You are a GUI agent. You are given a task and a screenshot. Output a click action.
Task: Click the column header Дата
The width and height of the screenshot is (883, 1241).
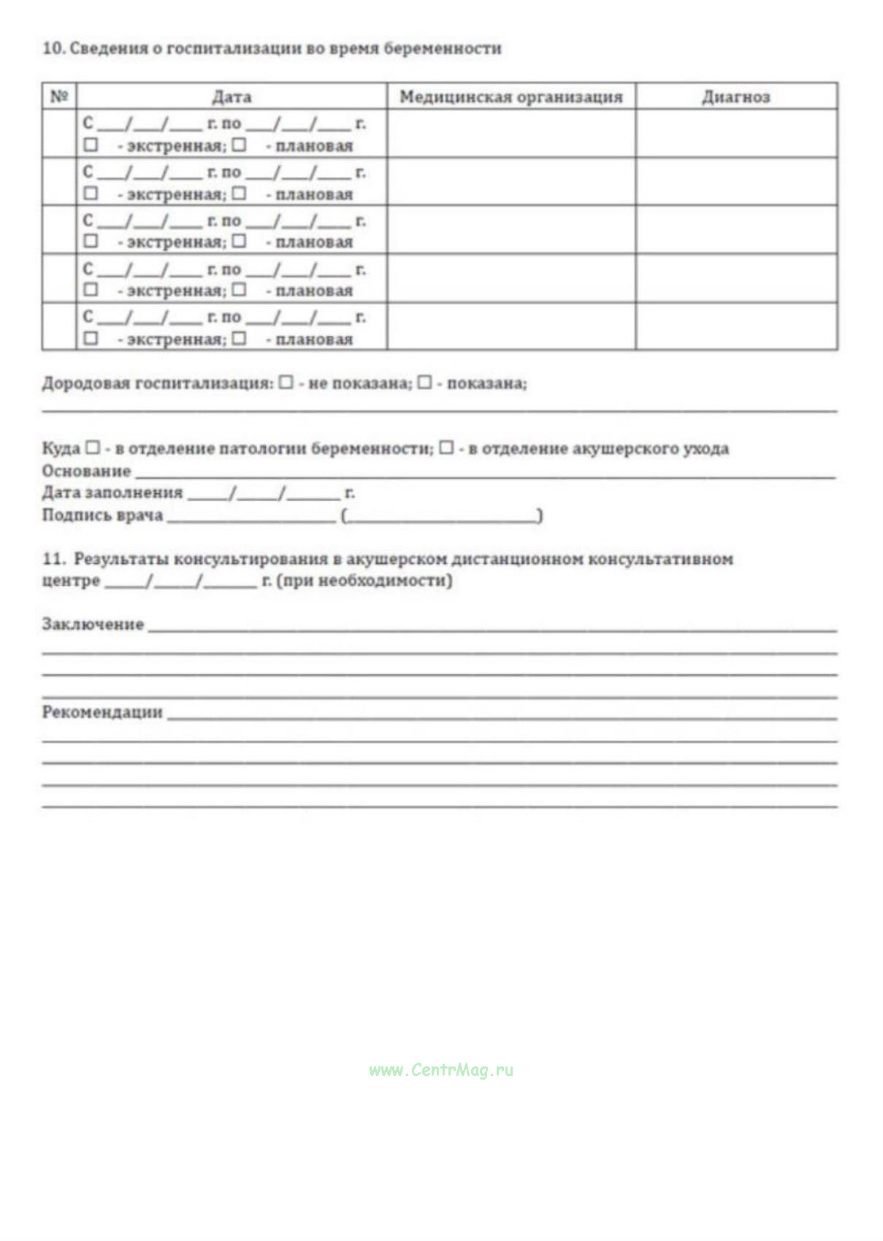point(232,96)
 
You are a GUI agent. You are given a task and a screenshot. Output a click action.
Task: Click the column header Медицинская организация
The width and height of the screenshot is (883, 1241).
point(511,96)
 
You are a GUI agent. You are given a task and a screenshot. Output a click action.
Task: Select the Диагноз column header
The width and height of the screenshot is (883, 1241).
point(735,96)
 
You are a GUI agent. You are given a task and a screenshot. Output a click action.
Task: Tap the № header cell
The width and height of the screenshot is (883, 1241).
point(59,96)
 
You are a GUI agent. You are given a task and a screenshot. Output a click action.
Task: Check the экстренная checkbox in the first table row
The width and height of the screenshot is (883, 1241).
point(91,145)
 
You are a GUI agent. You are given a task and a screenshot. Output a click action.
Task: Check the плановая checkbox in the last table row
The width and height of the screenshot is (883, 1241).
point(239,338)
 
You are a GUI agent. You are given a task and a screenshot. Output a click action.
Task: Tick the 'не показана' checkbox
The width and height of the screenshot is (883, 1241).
point(286,382)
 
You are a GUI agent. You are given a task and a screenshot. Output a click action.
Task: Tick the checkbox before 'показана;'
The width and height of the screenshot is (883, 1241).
point(424,382)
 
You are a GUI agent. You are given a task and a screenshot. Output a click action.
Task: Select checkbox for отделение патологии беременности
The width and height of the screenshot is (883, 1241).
point(93,447)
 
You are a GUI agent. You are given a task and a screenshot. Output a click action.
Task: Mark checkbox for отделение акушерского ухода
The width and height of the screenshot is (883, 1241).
point(446,447)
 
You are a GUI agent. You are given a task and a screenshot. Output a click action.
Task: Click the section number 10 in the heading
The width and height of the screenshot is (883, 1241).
point(53,48)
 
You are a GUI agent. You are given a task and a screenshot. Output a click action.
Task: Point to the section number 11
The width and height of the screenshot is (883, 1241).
point(53,559)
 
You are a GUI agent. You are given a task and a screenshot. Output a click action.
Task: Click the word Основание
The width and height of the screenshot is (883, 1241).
point(86,470)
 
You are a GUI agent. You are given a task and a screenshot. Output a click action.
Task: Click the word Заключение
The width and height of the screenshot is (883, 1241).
point(93,624)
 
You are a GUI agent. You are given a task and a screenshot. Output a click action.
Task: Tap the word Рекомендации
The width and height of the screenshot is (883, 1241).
point(102,712)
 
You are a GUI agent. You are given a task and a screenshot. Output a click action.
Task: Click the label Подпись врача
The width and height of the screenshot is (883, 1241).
point(102,515)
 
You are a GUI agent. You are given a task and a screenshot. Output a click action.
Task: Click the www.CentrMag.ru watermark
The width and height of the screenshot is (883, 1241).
point(441,1070)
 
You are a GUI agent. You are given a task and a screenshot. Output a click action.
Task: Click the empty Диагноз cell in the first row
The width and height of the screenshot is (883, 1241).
point(735,133)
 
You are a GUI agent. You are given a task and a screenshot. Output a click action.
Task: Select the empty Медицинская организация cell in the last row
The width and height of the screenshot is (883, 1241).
point(511,326)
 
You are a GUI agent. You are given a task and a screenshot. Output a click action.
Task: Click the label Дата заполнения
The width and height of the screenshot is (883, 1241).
point(112,492)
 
